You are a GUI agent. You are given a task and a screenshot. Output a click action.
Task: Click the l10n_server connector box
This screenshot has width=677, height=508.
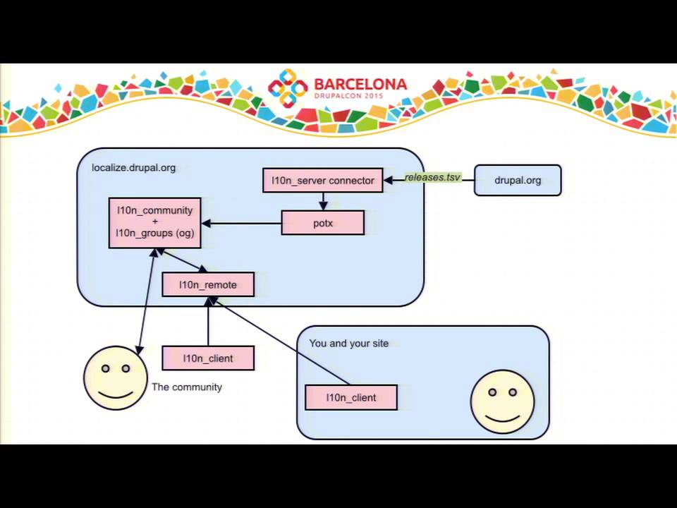click(x=322, y=180)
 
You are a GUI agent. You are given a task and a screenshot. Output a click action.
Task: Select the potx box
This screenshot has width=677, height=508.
click(x=322, y=223)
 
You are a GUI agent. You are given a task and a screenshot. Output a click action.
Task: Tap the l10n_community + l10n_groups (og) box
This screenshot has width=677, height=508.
click(x=155, y=223)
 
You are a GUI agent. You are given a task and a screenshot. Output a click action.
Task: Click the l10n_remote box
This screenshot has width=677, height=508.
click(x=208, y=284)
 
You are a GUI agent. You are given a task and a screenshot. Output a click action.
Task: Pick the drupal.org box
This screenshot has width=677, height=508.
click(x=518, y=180)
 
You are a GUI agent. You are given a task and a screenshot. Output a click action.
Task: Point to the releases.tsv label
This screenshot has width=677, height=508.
click(x=432, y=177)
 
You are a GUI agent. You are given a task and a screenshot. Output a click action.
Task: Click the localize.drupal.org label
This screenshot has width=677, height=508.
click(x=133, y=168)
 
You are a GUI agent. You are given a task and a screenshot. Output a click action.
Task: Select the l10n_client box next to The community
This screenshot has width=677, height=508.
click(x=208, y=358)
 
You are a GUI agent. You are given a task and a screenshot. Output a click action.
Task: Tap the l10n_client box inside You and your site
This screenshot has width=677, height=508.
click(x=351, y=397)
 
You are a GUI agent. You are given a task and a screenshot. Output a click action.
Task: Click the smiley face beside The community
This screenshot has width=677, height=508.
click(x=115, y=378)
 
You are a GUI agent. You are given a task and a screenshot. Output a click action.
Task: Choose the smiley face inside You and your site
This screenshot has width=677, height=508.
click(x=502, y=401)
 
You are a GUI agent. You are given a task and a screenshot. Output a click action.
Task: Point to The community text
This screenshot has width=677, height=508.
click(x=186, y=387)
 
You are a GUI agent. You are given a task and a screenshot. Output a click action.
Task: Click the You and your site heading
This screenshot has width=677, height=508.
click(x=349, y=344)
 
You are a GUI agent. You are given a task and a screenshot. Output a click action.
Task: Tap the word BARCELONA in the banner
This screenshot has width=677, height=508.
click(x=360, y=84)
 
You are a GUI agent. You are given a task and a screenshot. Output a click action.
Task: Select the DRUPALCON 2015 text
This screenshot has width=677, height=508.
click(x=349, y=96)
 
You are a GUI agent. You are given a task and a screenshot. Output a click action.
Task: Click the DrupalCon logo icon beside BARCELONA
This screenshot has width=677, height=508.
click(x=288, y=87)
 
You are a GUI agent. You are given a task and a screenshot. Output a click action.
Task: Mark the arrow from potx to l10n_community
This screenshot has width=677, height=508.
click(x=241, y=224)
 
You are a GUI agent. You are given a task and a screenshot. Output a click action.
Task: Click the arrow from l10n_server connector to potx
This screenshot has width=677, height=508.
click(x=323, y=201)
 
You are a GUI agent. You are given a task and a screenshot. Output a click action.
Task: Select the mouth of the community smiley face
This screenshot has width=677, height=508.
click(x=115, y=394)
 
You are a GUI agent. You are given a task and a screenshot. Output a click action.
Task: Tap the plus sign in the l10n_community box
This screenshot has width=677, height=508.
click(x=155, y=222)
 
